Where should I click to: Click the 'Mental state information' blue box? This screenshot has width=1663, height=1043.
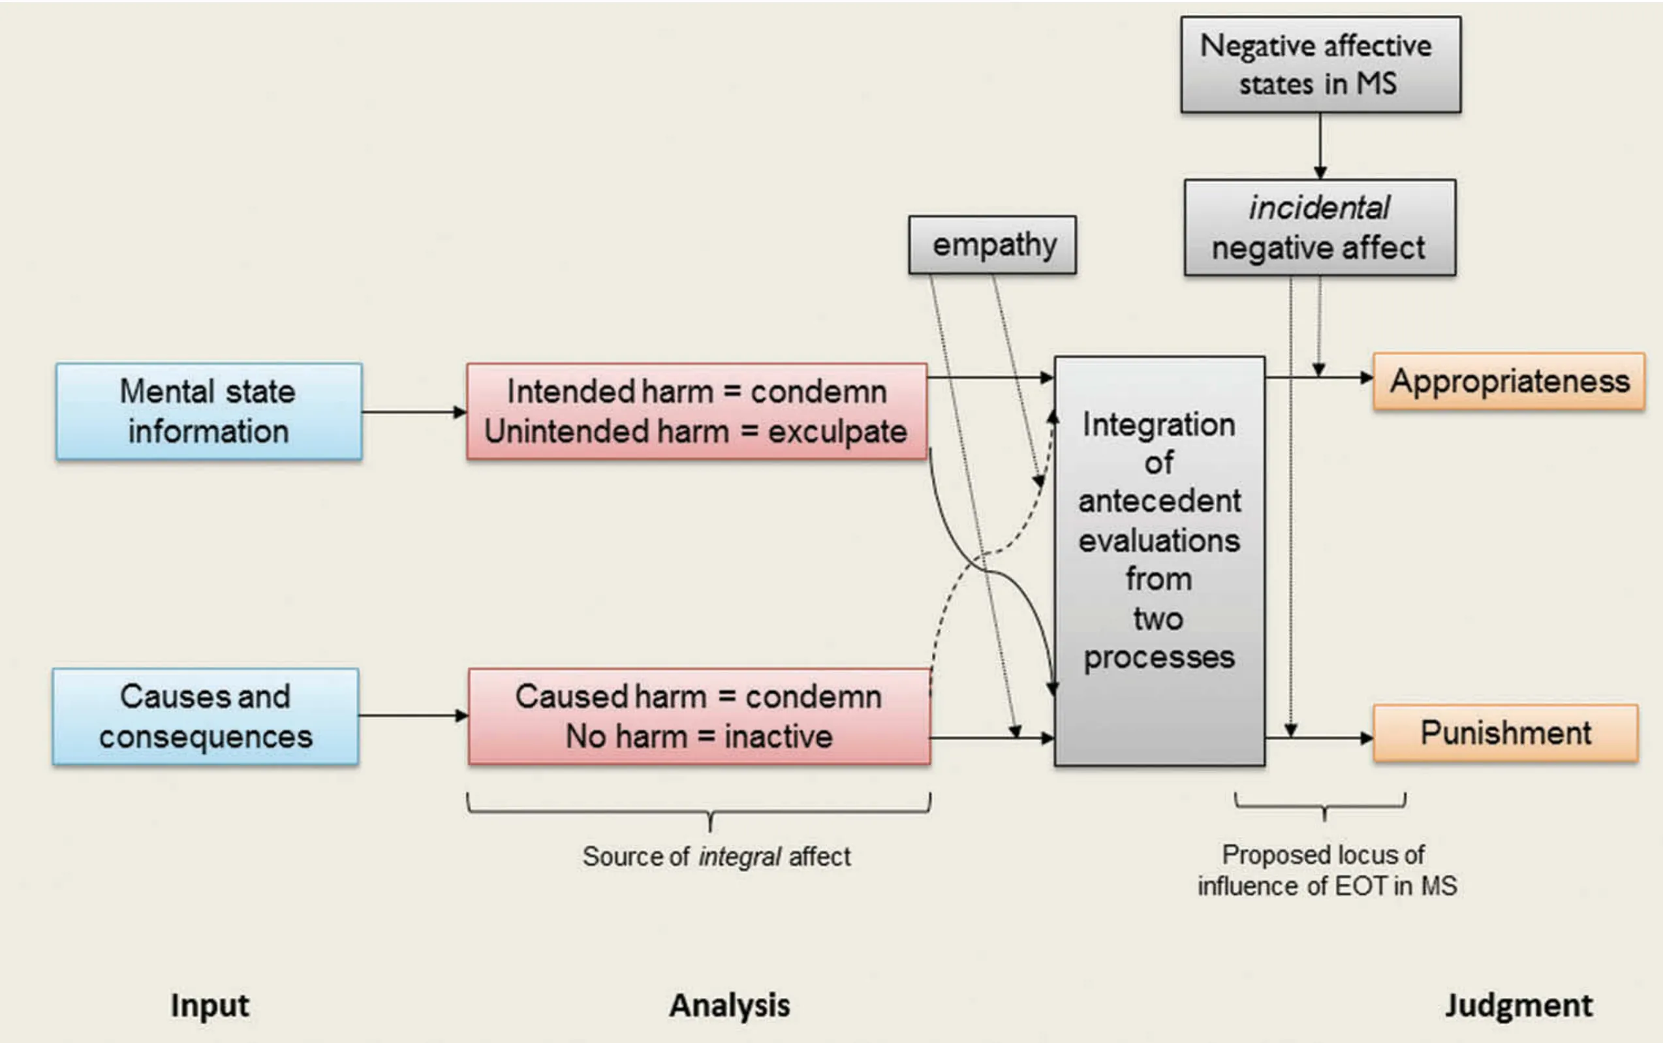(208, 411)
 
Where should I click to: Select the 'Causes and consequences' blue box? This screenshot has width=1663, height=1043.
(206, 716)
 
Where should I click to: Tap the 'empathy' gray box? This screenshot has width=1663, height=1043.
(992, 245)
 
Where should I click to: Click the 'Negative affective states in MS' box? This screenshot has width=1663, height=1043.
(1320, 65)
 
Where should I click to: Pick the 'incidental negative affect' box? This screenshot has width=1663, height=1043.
(1319, 228)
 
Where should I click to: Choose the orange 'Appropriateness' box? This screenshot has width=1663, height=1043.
(1508, 381)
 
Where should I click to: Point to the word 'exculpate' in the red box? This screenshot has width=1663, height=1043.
(837, 433)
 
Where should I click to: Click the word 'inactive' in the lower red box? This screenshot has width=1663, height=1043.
(778, 737)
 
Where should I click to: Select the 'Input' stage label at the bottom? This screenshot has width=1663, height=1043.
(210, 1005)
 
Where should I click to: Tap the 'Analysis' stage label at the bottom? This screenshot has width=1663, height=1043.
(729, 1005)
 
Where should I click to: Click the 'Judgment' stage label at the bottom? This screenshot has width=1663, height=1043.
(1518, 1005)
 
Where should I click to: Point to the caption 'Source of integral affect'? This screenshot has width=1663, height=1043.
(716, 857)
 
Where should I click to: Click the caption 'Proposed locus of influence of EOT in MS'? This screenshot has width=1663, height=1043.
(1326, 871)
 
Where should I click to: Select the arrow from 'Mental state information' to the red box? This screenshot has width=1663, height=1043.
(414, 412)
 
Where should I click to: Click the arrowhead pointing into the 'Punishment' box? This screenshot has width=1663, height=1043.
(1366, 738)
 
